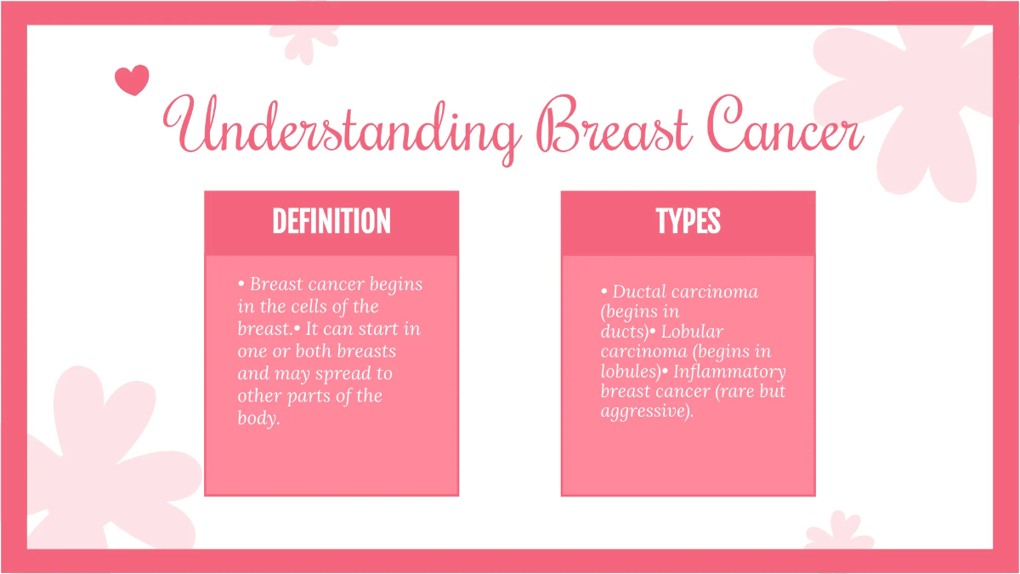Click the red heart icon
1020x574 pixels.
click(x=132, y=80)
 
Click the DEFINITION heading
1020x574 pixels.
click(x=331, y=222)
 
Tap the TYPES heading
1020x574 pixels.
click(x=688, y=222)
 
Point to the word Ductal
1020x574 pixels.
click(x=638, y=292)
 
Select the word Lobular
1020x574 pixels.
click(x=692, y=332)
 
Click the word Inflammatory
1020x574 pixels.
click(x=729, y=372)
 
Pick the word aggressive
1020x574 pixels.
click(x=644, y=412)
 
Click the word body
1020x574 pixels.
click(x=258, y=418)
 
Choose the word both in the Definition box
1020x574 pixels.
click(x=314, y=351)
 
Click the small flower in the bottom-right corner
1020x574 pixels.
click(x=838, y=531)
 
